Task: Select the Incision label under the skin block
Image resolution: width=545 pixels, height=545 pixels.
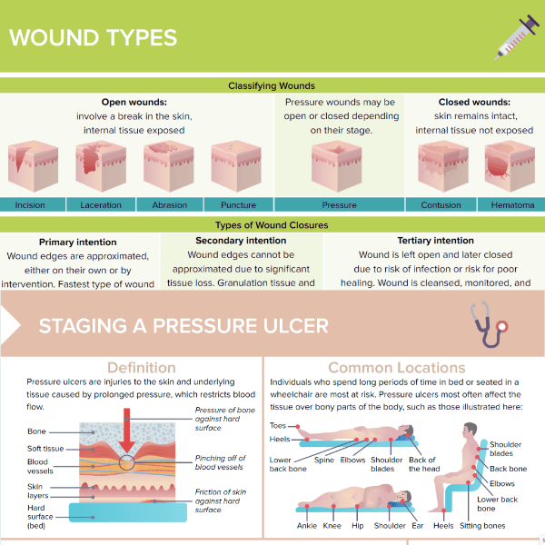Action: [30, 205]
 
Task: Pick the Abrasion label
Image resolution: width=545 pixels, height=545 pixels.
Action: [169, 205]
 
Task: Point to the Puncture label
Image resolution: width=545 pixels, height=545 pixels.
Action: [237, 205]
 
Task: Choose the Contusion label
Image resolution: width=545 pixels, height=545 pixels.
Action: [441, 205]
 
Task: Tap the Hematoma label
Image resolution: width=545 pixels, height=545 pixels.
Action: [512, 205]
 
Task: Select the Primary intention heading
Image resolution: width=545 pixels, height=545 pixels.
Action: [78, 243]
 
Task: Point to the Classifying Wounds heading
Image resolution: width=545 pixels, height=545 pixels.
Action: [272, 86]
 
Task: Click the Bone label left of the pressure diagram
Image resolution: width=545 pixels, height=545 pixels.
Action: [36, 431]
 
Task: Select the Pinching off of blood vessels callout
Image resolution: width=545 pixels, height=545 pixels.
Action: [219, 462]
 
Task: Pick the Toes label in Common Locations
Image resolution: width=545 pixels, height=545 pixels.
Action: [278, 425]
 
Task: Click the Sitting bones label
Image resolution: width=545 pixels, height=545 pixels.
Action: [482, 526]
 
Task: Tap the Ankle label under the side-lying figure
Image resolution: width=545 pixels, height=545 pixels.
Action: [306, 526]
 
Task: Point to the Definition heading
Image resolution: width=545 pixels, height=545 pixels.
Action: [141, 368]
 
